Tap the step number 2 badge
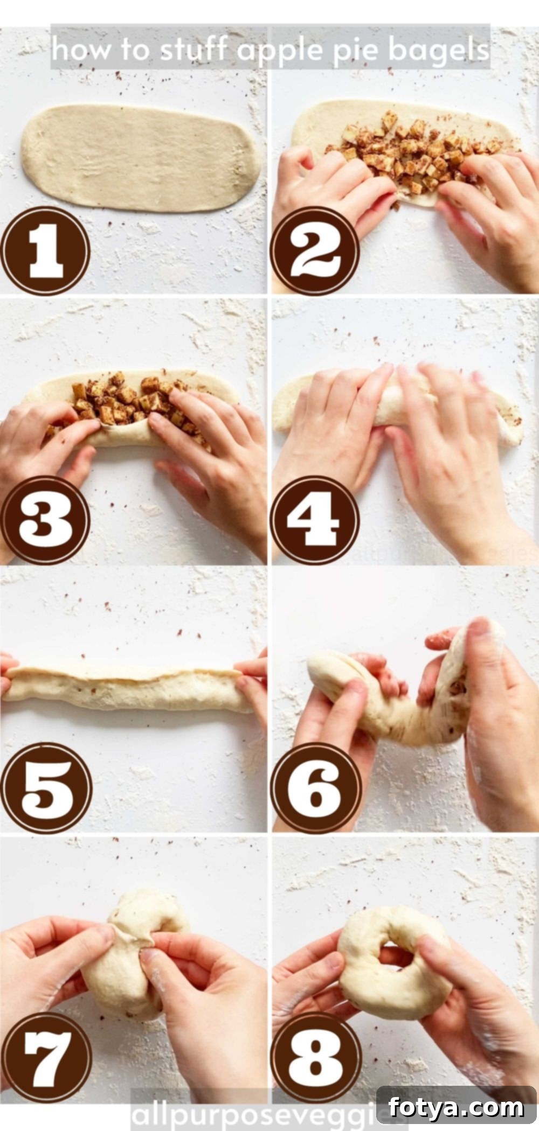315,252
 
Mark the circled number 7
46,1058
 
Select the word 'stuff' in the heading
195,49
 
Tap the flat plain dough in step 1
141,159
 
